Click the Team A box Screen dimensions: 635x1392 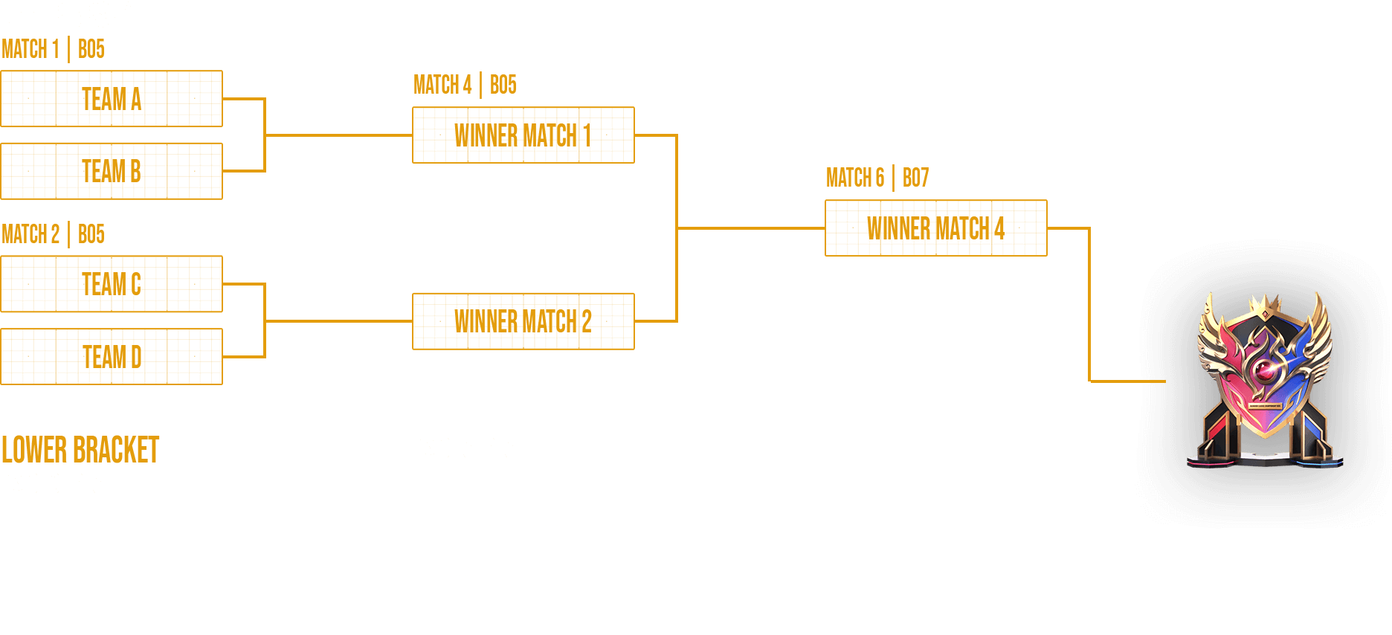(x=112, y=99)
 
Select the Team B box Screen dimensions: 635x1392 (x=112, y=171)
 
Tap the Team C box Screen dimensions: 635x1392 (x=112, y=284)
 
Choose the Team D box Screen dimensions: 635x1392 (x=112, y=357)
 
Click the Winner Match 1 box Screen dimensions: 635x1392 (x=523, y=135)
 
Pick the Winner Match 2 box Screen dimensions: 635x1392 (x=523, y=321)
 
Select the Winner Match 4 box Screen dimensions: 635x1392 (x=935, y=228)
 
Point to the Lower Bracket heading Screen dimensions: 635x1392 (x=80, y=450)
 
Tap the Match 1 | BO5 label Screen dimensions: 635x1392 (x=53, y=50)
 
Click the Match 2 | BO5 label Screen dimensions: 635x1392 (x=53, y=235)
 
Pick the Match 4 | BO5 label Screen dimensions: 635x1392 (x=465, y=86)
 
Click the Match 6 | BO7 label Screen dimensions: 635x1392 (x=877, y=178)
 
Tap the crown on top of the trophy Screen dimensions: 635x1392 (x=1264, y=304)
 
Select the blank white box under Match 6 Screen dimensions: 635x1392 (x=935, y=534)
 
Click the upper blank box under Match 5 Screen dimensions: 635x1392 (x=523, y=498)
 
